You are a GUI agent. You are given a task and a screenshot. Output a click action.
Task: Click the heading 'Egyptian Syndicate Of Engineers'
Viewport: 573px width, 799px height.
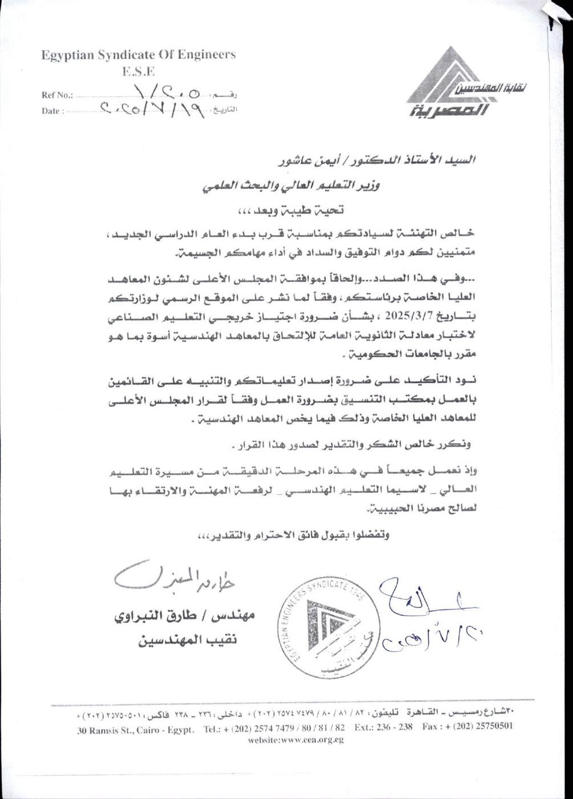point(138,55)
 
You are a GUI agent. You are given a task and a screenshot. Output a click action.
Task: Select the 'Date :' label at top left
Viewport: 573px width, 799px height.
point(53,111)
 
